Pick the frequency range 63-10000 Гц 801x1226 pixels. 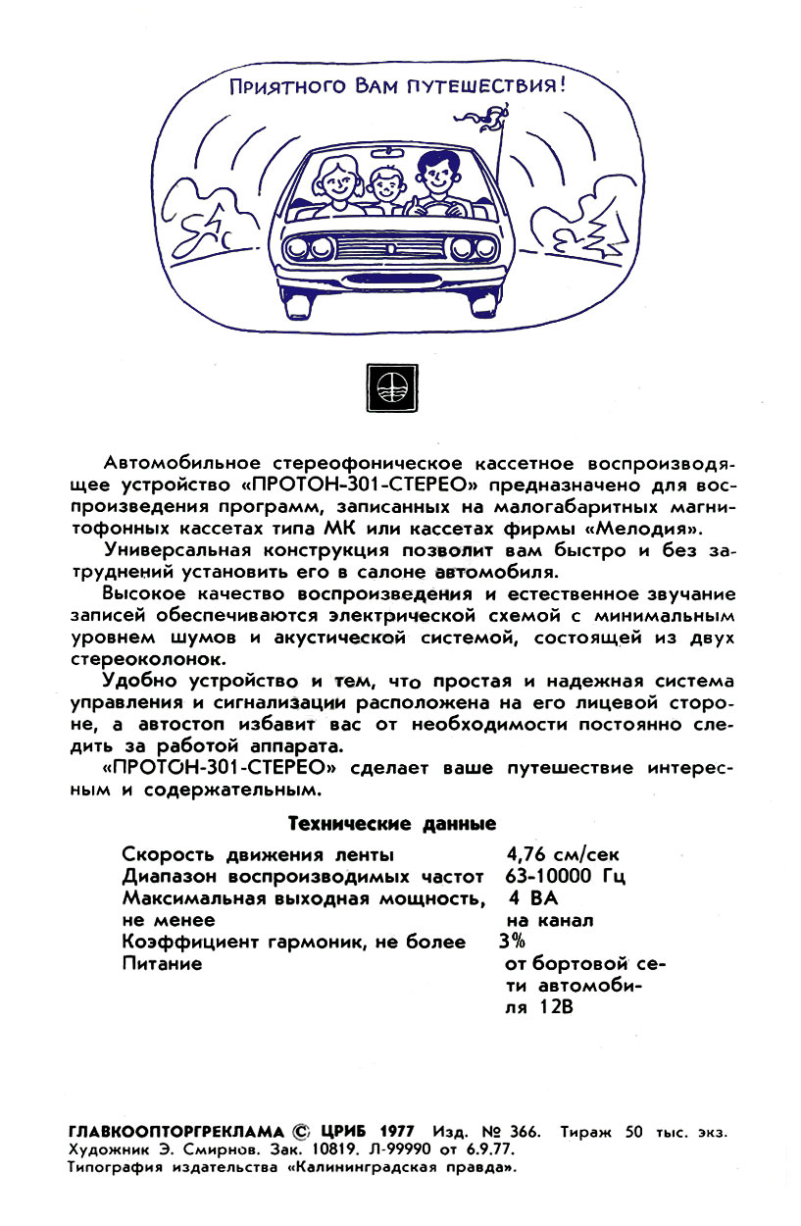[566, 875]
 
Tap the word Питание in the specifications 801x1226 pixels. [163, 963]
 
